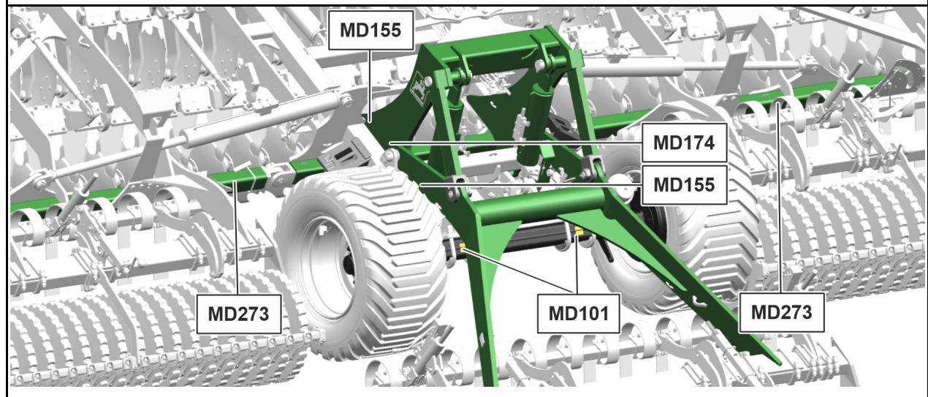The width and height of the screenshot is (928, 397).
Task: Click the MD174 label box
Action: tap(684, 143)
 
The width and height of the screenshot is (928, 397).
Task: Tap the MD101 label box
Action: tap(578, 314)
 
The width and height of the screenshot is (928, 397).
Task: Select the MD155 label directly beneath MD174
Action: tap(684, 185)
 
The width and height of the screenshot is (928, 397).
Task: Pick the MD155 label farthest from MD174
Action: tap(370, 30)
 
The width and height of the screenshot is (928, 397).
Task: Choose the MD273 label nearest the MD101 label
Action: tap(781, 312)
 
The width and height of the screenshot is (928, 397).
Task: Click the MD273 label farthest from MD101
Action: tap(239, 314)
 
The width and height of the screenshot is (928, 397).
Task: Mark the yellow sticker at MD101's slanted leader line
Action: tap(463, 249)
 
